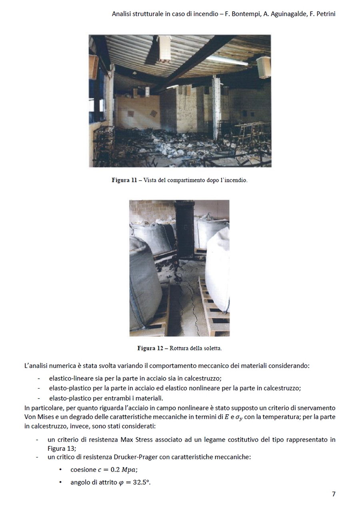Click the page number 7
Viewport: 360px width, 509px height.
click(334, 494)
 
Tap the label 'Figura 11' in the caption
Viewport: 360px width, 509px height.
click(124, 180)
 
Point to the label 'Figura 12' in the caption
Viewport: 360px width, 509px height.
click(150, 348)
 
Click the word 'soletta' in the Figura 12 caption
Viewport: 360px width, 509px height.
click(212, 348)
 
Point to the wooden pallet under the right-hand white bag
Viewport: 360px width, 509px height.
click(214, 308)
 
